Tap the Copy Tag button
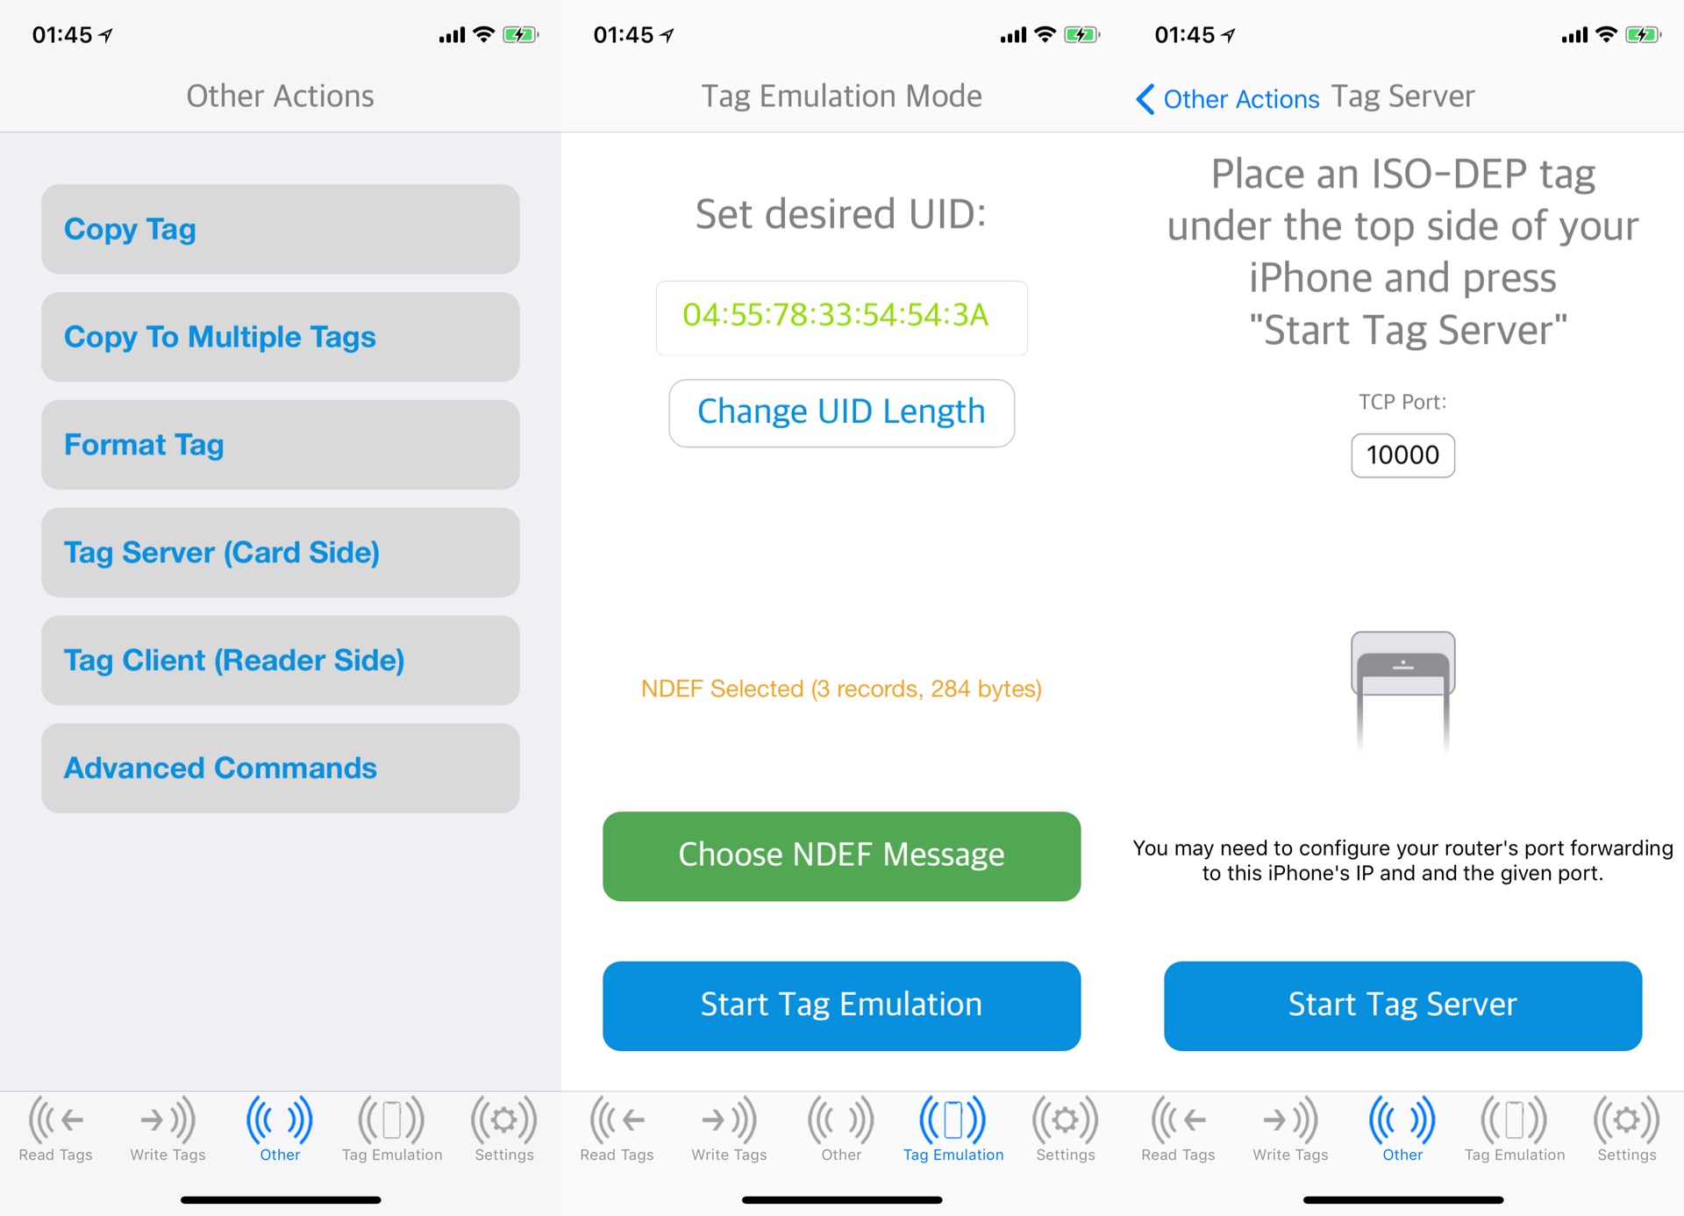click(x=280, y=229)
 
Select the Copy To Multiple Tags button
click(x=280, y=337)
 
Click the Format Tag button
click(x=280, y=445)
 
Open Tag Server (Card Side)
click(x=280, y=553)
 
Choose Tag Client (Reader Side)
click(x=280, y=661)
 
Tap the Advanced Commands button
click(x=280, y=769)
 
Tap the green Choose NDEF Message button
click(x=841, y=856)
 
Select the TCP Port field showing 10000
click(x=1402, y=455)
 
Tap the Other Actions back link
click(x=1228, y=99)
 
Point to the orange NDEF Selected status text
click(x=841, y=689)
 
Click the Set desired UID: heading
click(x=841, y=214)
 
